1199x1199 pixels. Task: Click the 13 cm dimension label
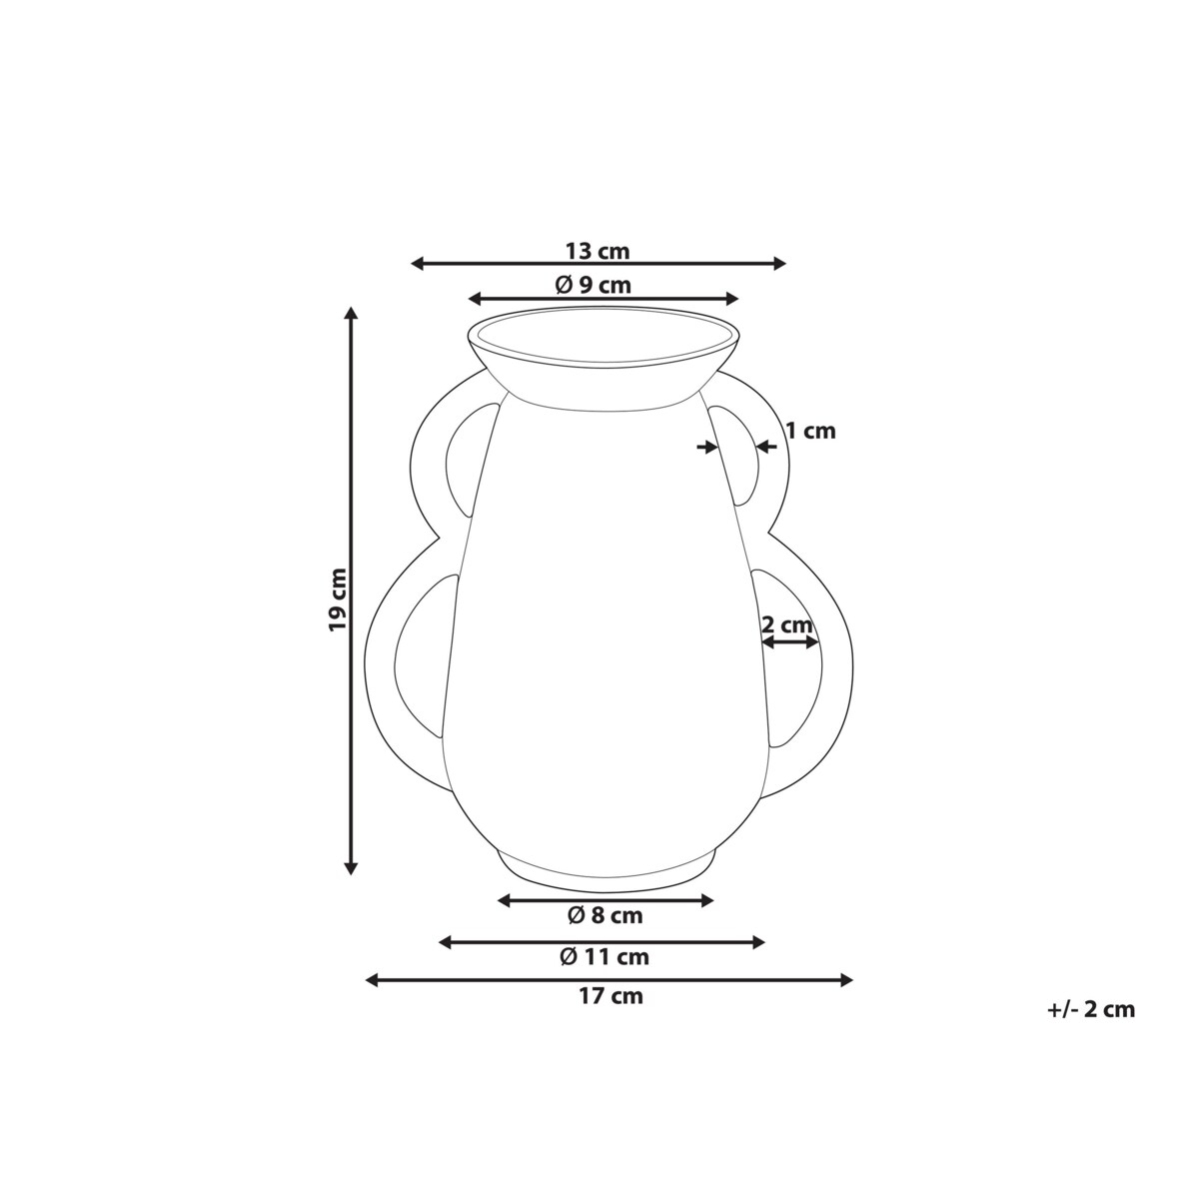[598, 252]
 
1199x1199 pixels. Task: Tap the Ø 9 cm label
[593, 285]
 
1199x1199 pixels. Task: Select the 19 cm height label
[337, 599]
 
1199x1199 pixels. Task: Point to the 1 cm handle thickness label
[810, 431]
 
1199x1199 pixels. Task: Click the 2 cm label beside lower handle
[787, 624]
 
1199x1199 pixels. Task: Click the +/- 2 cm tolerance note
[1091, 1008]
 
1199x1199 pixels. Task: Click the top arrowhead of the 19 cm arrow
[352, 313]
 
